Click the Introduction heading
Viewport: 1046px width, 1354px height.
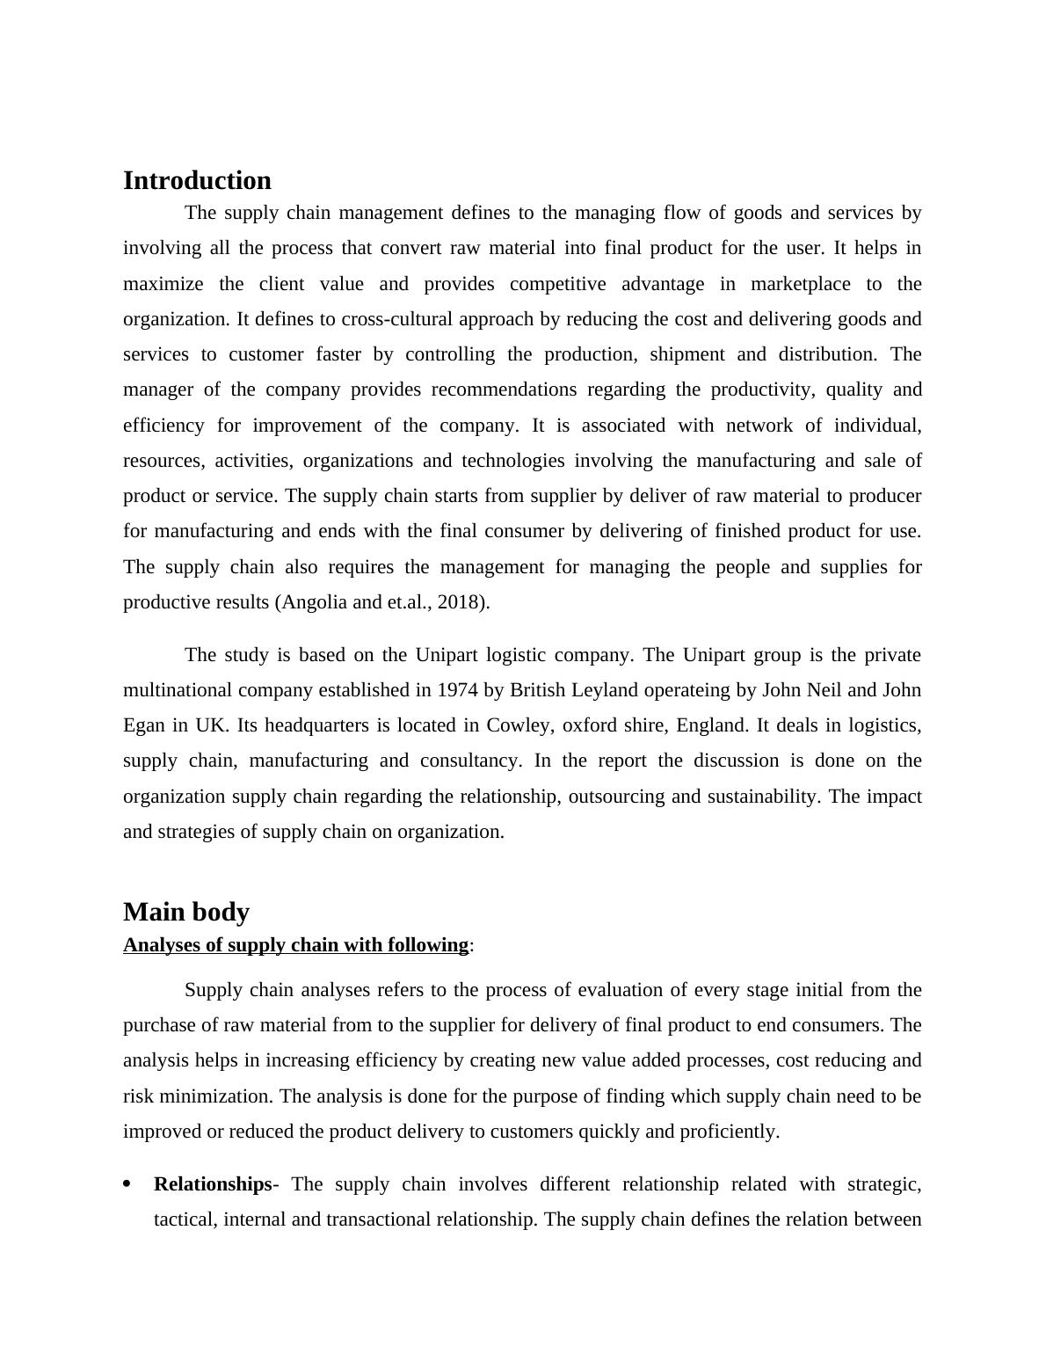[x=197, y=180]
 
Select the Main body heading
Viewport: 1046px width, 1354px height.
[x=186, y=912]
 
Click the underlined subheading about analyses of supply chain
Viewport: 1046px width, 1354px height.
[x=295, y=945]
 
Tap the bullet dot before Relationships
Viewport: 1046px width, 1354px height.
[x=128, y=1184]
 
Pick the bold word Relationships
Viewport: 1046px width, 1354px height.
[x=213, y=1184]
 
